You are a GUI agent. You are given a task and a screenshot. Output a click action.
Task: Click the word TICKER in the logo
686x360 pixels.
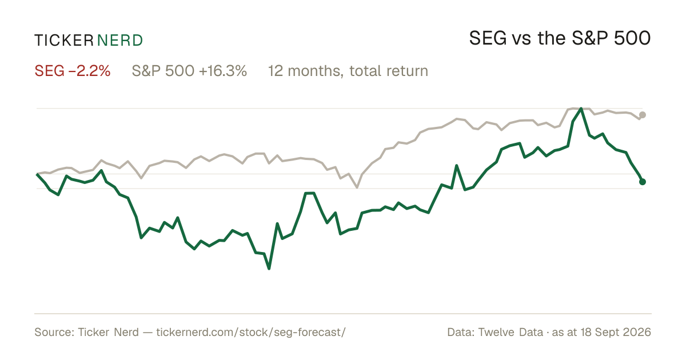pyautogui.click(x=63, y=41)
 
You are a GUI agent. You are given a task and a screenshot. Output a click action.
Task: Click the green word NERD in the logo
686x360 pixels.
pyautogui.click(x=120, y=41)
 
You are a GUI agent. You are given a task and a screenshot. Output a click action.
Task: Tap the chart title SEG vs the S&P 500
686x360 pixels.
pyautogui.click(x=560, y=38)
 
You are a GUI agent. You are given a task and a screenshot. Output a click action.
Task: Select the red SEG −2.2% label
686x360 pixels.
pyautogui.click(x=72, y=71)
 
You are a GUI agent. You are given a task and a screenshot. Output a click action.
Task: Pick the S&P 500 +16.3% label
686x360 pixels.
pyautogui.click(x=189, y=71)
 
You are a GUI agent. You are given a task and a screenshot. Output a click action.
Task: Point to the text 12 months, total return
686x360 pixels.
pyautogui.click(x=348, y=71)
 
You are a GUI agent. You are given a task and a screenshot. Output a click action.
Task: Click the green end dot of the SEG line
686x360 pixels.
pyautogui.click(x=643, y=182)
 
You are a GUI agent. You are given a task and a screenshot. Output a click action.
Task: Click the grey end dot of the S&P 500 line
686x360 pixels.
pyautogui.click(x=643, y=115)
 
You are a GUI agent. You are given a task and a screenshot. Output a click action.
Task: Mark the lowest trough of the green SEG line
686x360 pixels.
pyautogui.click(x=269, y=269)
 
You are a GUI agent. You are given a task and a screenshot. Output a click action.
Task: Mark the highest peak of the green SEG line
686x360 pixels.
pyautogui.click(x=581, y=109)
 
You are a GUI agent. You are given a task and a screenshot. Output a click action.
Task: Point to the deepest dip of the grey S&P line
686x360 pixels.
pyautogui.click(x=357, y=187)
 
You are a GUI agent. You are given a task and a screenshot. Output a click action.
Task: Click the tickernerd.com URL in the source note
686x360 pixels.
pyautogui.click(x=251, y=332)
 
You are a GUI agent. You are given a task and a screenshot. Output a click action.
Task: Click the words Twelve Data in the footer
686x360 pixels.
pyautogui.click(x=510, y=332)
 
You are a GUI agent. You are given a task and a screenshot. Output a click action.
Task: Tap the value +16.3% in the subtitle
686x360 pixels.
pyautogui.click(x=222, y=71)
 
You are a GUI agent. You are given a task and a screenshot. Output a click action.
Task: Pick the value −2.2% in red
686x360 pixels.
pyautogui.click(x=89, y=71)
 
